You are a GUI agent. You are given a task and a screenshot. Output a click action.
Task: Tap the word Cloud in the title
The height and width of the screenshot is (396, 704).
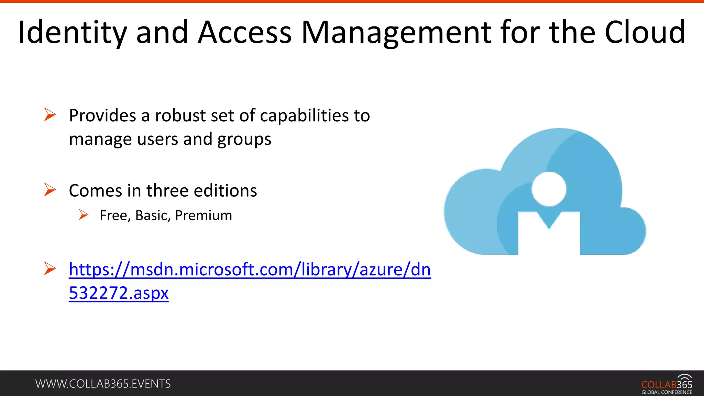(645, 33)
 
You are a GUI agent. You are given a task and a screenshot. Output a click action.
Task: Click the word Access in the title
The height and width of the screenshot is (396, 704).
(245, 33)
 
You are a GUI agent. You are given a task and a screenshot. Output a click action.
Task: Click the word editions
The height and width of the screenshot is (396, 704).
(225, 190)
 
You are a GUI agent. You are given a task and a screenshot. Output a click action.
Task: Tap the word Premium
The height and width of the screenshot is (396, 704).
(203, 216)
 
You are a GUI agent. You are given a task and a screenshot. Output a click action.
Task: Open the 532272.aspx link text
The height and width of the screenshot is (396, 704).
(119, 293)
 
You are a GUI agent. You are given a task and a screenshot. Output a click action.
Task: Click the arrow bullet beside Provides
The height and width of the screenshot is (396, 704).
(50, 114)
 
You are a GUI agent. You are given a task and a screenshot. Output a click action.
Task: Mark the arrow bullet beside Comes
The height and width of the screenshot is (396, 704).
(50, 190)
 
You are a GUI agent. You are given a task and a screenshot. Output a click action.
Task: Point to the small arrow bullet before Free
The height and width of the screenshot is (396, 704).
(84, 215)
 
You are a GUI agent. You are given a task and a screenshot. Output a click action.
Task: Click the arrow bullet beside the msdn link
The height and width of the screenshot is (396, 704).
(50, 268)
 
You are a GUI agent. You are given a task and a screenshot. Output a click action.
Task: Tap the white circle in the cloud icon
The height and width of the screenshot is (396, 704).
(549, 189)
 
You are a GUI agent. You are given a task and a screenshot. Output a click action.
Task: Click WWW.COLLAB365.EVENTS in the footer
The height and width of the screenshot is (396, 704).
(103, 384)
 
